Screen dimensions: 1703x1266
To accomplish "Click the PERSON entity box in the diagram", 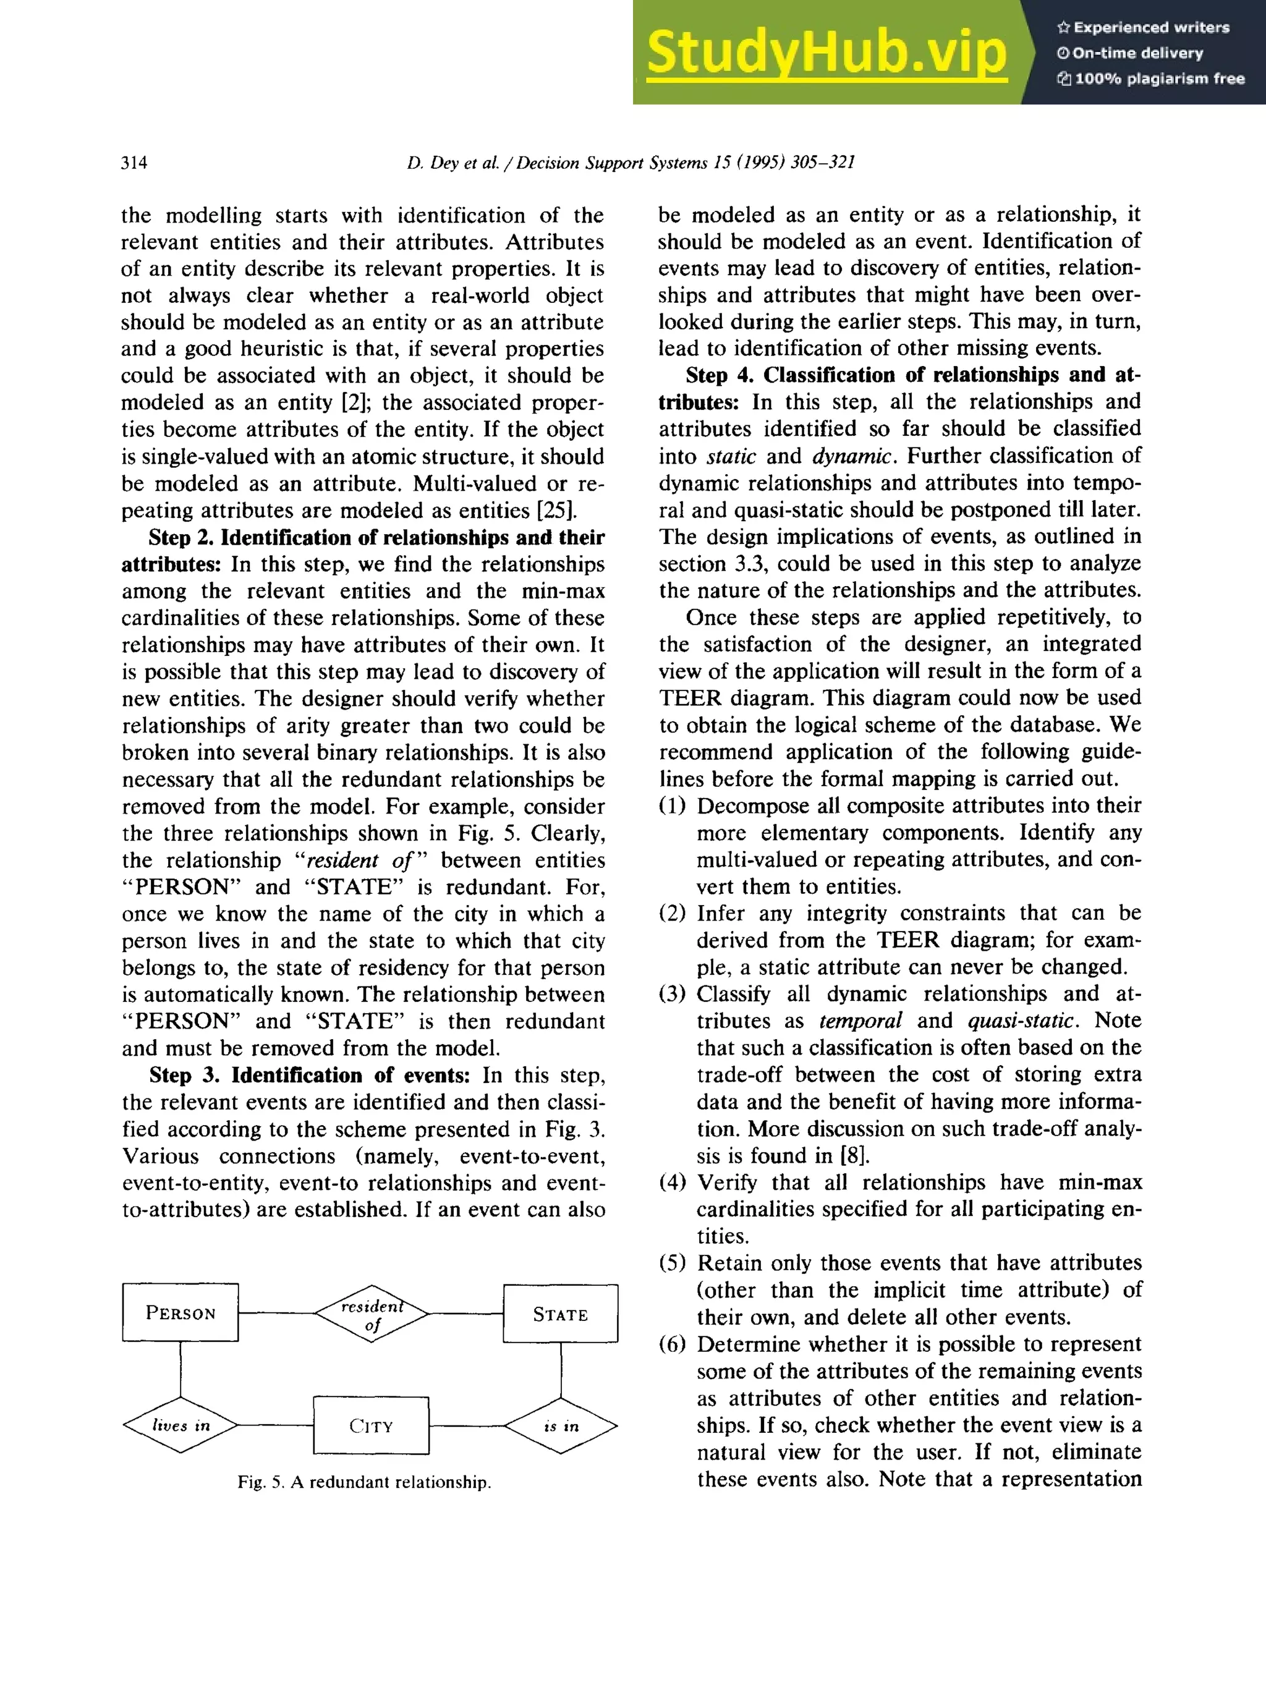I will (x=180, y=1313).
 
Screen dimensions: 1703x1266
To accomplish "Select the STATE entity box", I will (x=560, y=1314).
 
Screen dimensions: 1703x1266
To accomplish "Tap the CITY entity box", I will (x=371, y=1425).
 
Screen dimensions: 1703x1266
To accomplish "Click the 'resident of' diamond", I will (x=372, y=1314).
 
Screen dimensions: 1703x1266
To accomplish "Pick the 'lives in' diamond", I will (x=181, y=1425).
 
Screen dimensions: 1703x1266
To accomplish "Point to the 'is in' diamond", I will (x=561, y=1425).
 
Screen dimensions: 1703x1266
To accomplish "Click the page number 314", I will (x=134, y=163).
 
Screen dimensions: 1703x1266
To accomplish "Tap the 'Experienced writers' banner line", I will (x=1142, y=28).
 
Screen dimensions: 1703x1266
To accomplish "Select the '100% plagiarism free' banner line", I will (x=1150, y=78).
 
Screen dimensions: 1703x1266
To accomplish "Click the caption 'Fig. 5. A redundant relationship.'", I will (x=364, y=1482).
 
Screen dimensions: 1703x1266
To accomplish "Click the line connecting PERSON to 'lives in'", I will (x=181, y=1368).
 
